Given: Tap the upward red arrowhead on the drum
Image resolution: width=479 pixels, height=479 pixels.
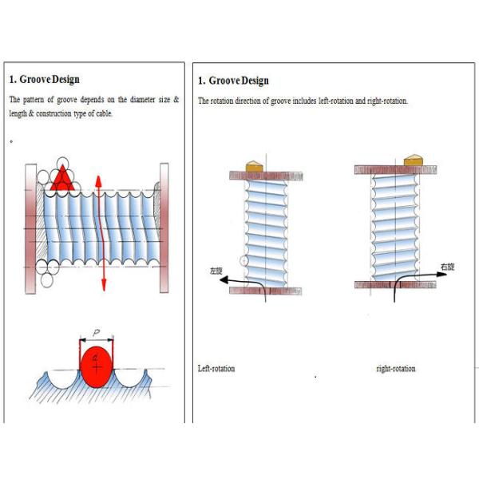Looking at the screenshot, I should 97,180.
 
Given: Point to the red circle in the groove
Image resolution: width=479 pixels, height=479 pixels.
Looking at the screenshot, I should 97,366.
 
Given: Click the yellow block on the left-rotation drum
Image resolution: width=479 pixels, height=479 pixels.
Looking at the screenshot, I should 255,164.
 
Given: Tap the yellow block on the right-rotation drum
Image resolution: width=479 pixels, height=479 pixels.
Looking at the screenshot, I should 413,160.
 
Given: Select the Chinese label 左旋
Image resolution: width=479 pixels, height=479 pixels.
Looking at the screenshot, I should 216,271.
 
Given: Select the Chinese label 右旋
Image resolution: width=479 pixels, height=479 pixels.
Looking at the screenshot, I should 447,266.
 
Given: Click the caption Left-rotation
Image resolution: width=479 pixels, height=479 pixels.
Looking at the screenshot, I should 216,369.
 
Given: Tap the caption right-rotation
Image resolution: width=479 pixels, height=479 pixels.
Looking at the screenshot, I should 395,369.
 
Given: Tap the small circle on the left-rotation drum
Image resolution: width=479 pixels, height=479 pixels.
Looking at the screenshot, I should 247,260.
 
